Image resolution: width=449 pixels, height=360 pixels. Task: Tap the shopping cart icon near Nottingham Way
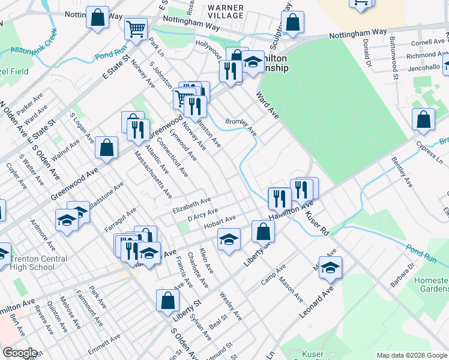pyautogui.click(x=136, y=28)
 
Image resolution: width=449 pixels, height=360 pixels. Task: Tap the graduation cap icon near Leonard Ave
pyautogui.click(x=330, y=269)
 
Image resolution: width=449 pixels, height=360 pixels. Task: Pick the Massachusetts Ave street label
pyautogui.click(x=153, y=176)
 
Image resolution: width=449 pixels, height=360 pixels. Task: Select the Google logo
pyautogui.click(x=20, y=353)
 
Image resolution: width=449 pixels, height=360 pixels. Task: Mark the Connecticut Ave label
pyautogui.click(x=173, y=161)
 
